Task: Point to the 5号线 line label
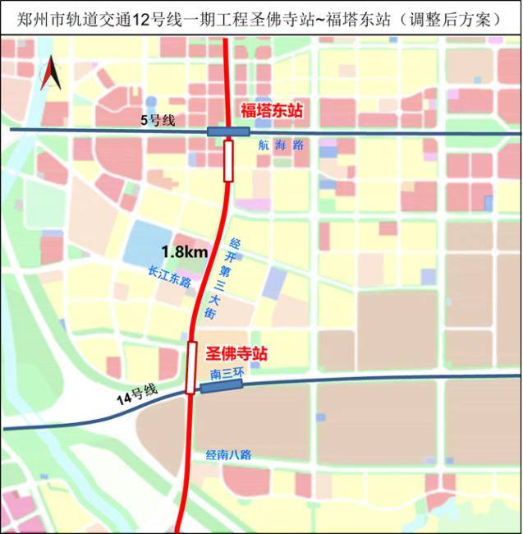(158, 121)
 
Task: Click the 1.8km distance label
(184, 253)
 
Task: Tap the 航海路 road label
(280, 144)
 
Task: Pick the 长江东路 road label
(169, 275)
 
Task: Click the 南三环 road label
(227, 374)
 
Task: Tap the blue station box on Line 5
(228, 131)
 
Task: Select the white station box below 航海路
(228, 159)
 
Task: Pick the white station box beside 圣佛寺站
(191, 366)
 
